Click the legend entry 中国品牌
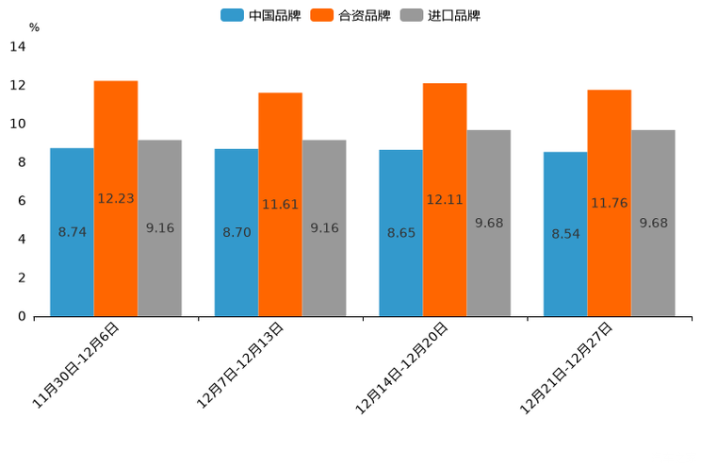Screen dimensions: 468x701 [261, 15]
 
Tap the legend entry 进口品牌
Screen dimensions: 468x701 [439, 15]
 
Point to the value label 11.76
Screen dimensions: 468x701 [609, 203]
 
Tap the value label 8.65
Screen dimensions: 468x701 [401, 232]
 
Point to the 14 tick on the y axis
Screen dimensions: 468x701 [18, 46]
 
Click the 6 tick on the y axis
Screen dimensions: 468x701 [22, 201]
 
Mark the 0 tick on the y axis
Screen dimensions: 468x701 [22, 316]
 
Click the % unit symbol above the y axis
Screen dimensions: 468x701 [34, 27]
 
